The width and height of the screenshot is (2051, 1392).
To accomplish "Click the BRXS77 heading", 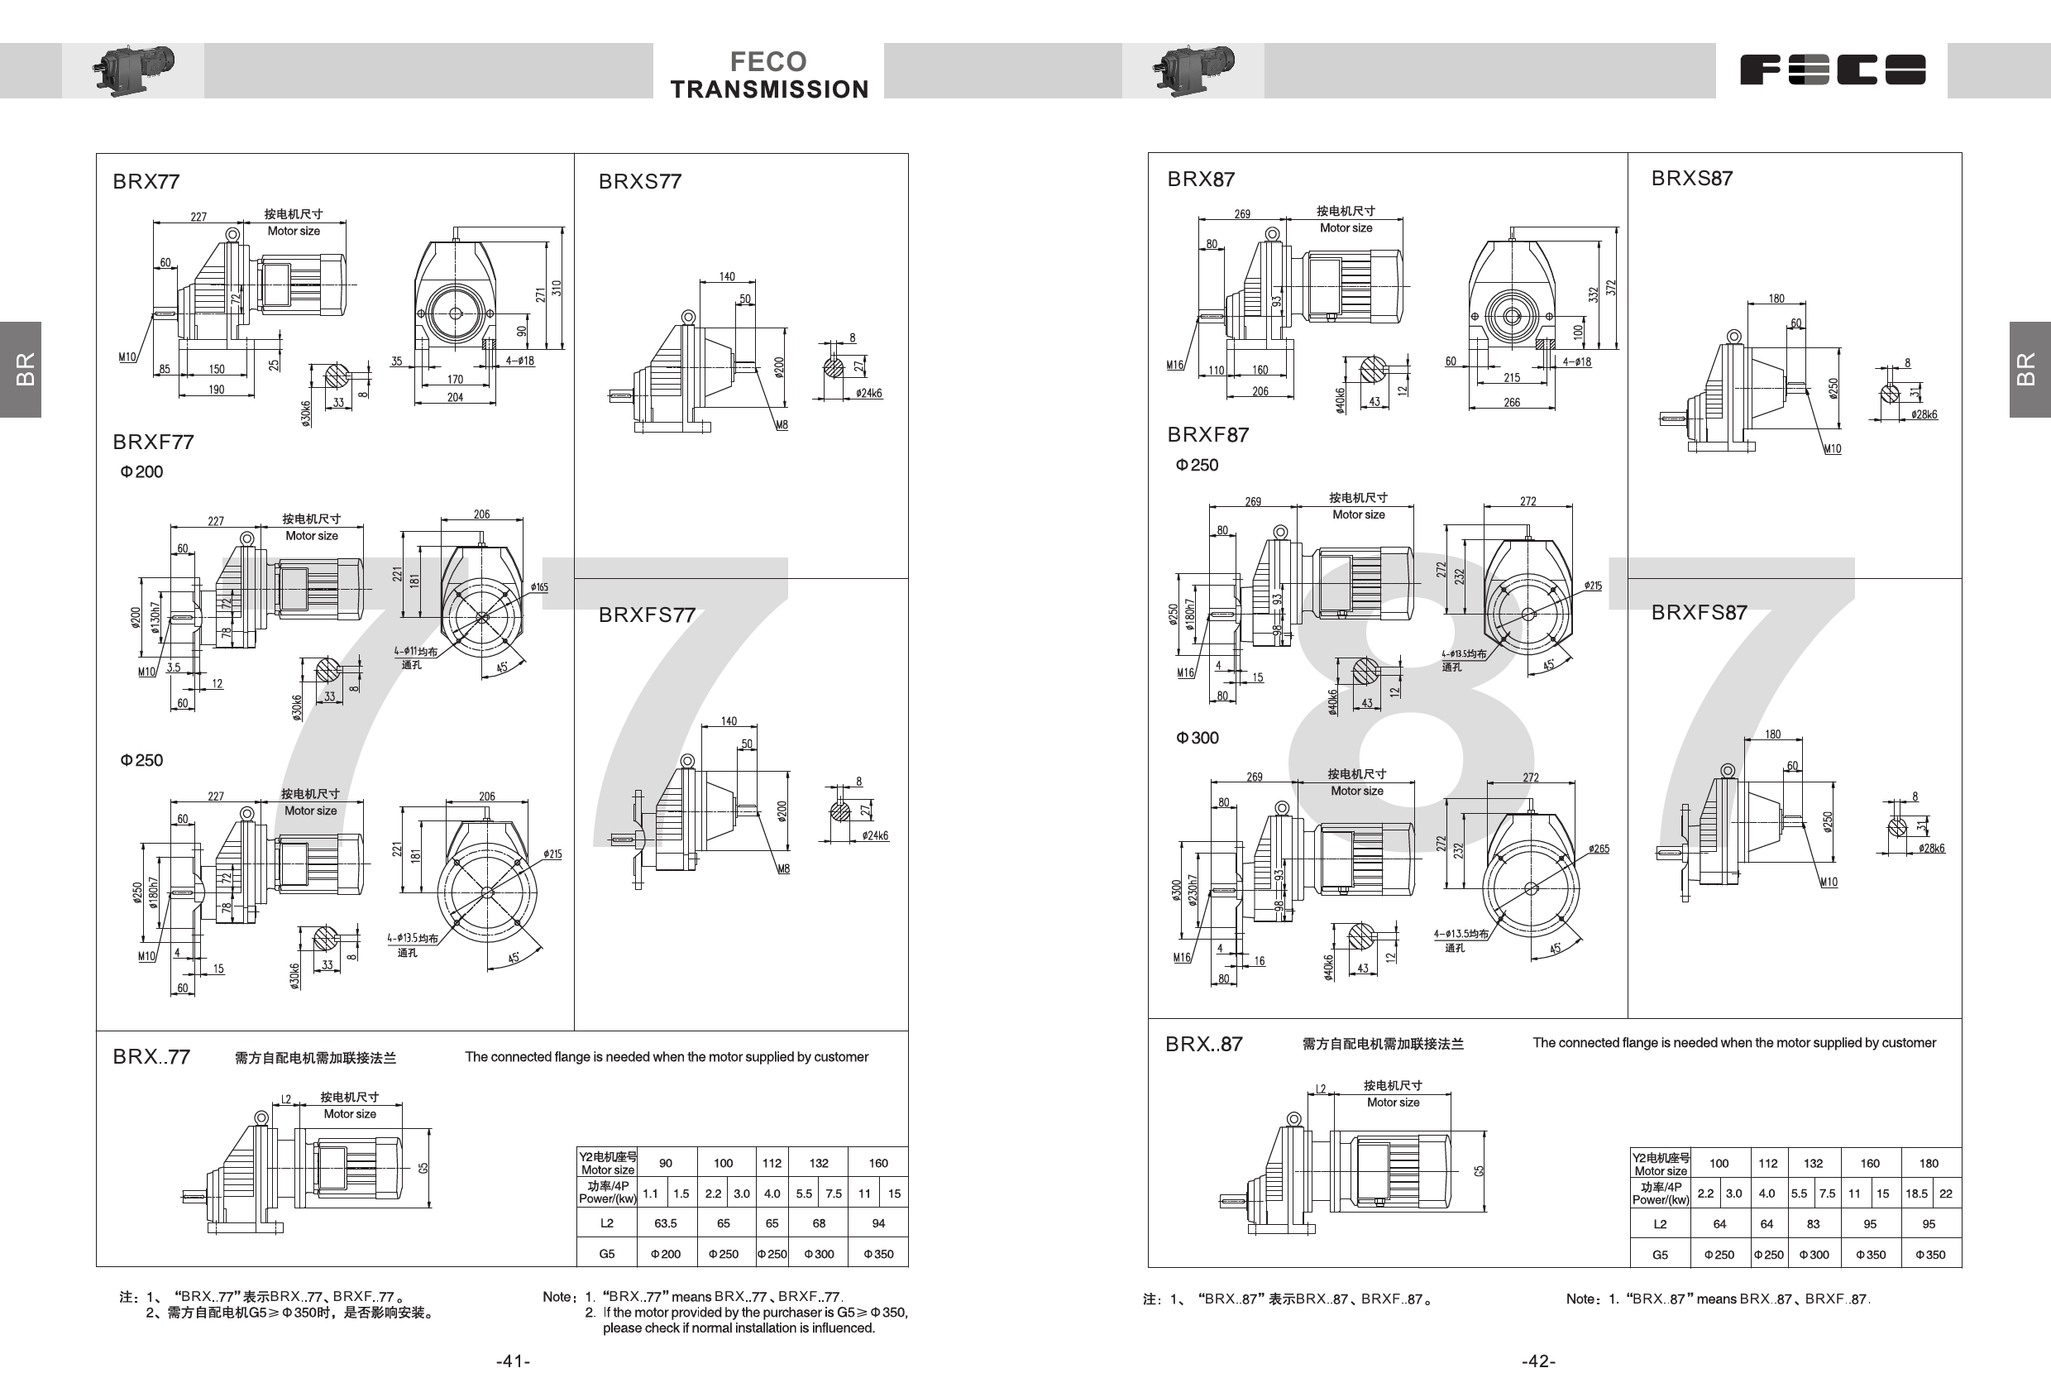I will click(640, 182).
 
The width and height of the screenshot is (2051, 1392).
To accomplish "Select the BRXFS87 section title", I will click(1699, 613).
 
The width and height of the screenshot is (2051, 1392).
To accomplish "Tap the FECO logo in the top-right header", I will click(1832, 69).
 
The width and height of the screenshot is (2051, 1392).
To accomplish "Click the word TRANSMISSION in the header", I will click(770, 90).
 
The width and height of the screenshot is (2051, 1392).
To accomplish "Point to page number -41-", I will click(513, 1361).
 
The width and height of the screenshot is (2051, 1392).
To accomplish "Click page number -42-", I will click(1538, 1361).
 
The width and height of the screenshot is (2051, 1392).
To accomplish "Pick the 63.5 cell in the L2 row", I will click(666, 1223).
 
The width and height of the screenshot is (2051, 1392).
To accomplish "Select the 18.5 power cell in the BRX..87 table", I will click(1916, 1193).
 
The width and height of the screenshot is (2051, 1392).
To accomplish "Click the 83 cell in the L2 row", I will click(1813, 1224).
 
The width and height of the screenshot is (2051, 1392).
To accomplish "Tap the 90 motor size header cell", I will click(666, 1164).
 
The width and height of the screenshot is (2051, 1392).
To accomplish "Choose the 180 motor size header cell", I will click(1929, 1164).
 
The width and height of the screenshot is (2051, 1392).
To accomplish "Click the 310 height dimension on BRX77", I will click(556, 288).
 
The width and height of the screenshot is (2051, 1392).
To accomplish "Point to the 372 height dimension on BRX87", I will click(1611, 288).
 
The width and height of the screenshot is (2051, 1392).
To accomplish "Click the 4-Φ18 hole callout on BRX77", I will click(520, 361).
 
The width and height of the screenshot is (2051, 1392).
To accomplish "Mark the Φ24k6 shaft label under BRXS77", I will click(868, 394).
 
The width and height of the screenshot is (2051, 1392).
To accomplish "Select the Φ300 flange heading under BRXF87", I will click(1197, 738).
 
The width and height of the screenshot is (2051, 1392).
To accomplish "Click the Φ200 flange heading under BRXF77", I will click(141, 472).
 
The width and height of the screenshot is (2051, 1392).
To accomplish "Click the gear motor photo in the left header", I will click(133, 69).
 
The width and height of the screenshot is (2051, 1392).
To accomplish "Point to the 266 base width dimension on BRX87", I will click(1512, 403).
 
